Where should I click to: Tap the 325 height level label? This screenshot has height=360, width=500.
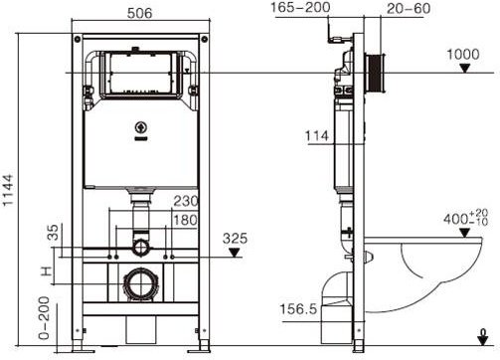point(234,239)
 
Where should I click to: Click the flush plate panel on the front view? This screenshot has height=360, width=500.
point(145,73)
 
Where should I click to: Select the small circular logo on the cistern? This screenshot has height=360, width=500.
point(140,129)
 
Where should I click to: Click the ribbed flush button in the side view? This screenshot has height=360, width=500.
point(376,72)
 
